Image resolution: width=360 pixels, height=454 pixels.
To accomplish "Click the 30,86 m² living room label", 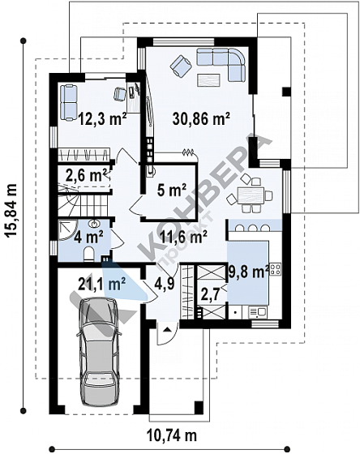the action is [x=201, y=118].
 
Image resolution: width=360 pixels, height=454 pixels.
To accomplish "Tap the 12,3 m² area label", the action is [x=102, y=118].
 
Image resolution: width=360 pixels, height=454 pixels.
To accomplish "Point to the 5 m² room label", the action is [x=172, y=191].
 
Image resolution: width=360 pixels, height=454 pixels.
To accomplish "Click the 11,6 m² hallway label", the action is [x=183, y=237].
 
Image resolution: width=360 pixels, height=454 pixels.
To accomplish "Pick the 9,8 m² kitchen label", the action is [x=248, y=272].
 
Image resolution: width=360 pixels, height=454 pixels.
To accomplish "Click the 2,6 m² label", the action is [x=86, y=175].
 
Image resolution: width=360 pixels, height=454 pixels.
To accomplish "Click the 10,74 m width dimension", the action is [x=172, y=435].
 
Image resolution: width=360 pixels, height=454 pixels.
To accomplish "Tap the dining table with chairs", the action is [x=250, y=194].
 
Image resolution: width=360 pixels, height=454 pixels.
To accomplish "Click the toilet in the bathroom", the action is [x=89, y=254].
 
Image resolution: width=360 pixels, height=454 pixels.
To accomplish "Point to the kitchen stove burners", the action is [x=275, y=268].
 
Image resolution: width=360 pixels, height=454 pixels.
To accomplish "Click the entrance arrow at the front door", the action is [x=166, y=329].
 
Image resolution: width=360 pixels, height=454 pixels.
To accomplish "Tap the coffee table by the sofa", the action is [x=208, y=80].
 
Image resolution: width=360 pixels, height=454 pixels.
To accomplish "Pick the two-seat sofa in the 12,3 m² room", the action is [x=69, y=102].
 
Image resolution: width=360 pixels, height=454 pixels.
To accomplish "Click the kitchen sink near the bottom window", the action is [x=258, y=312].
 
